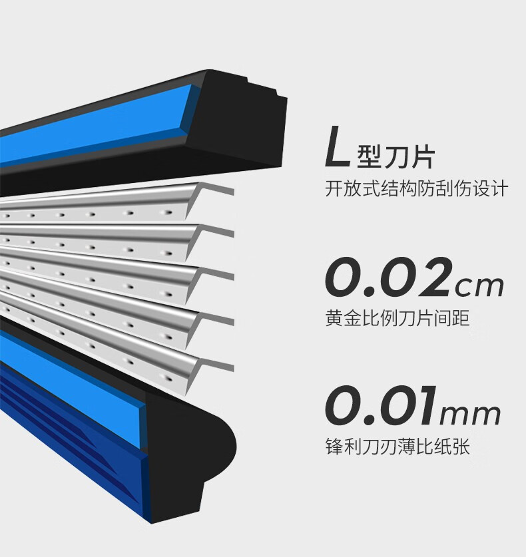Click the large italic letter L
coord(337,148)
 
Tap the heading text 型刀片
coord(396,157)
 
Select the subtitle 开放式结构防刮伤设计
coord(417,188)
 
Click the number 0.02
coord(389,277)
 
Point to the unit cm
coord(480,286)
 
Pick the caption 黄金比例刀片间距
coord(397,317)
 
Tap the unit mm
coord(470,415)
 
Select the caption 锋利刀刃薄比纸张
coord(397,446)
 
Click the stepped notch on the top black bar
coord(265,87)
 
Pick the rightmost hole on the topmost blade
coord(166,213)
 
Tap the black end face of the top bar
coord(236,124)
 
